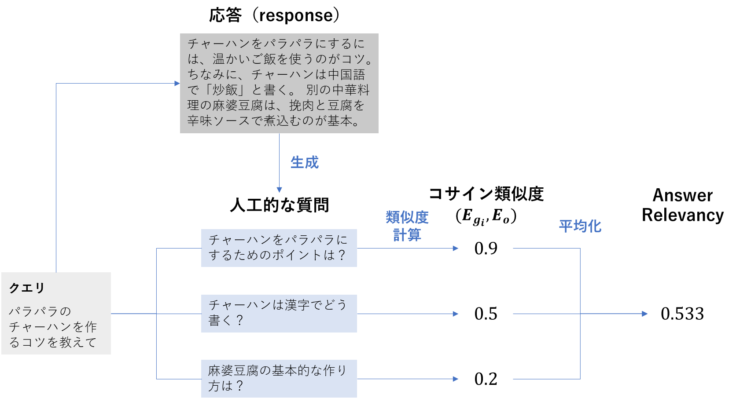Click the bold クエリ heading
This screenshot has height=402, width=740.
(x=27, y=288)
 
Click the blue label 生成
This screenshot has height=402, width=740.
(x=304, y=162)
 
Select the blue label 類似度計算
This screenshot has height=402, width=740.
(x=407, y=226)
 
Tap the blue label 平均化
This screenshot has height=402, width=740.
(x=580, y=226)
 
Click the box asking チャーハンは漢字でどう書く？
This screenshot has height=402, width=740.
(x=279, y=313)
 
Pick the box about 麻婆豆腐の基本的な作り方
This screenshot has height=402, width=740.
(x=279, y=378)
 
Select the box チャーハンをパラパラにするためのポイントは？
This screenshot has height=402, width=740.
(x=279, y=248)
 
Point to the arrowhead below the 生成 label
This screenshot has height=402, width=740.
(x=279, y=190)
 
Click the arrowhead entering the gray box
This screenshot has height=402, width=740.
(x=177, y=83)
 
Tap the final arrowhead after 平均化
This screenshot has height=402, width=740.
(x=644, y=314)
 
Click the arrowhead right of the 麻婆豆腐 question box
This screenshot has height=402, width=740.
(x=456, y=379)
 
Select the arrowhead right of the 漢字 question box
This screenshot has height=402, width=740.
(x=456, y=314)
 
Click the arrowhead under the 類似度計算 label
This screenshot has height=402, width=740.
(x=456, y=248)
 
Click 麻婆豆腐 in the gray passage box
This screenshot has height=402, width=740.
(x=238, y=106)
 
